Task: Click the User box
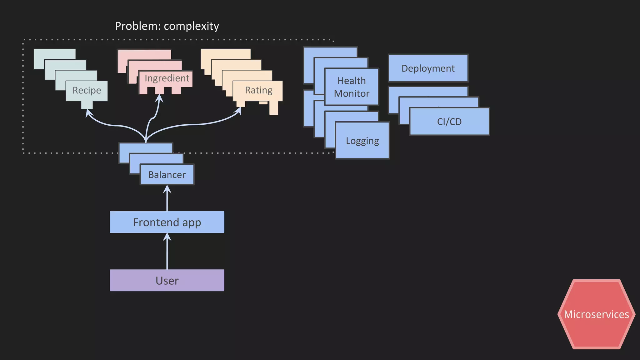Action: click(x=167, y=280)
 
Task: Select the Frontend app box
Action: click(x=167, y=222)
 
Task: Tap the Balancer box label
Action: click(x=167, y=175)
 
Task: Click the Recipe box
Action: click(x=87, y=91)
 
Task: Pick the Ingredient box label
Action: click(x=167, y=78)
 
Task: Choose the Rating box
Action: click(x=258, y=90)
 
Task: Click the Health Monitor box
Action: click(x=352, y=87)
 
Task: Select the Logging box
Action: click(x=362, y=141)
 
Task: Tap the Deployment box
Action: click(x=428, y=68)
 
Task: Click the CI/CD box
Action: click(x=449, y=122)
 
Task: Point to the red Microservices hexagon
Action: click(x=596, y=314)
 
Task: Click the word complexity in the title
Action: click(x=191, y=26)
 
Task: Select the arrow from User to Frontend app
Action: click(x=167, y=253)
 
